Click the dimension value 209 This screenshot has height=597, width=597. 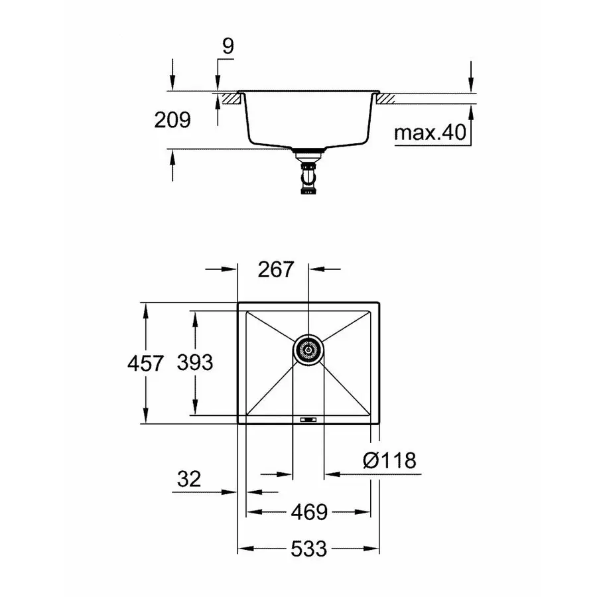click(x=172, y=120)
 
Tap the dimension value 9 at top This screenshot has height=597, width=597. click(x=228, y=47)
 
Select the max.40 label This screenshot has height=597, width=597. click(x=427, y=133)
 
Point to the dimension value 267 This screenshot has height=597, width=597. click(x=275, y=269)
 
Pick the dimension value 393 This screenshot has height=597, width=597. click(x=195, y=363)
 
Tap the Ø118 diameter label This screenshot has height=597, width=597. click(x=390, y=460)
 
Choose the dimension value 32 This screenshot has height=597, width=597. click(x=190, y=479)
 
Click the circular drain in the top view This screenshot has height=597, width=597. click(x=308, y=348)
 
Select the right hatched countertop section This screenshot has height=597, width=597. click(x=386, y=99)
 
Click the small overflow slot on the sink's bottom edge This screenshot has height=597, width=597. click(x=308, y=419)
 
